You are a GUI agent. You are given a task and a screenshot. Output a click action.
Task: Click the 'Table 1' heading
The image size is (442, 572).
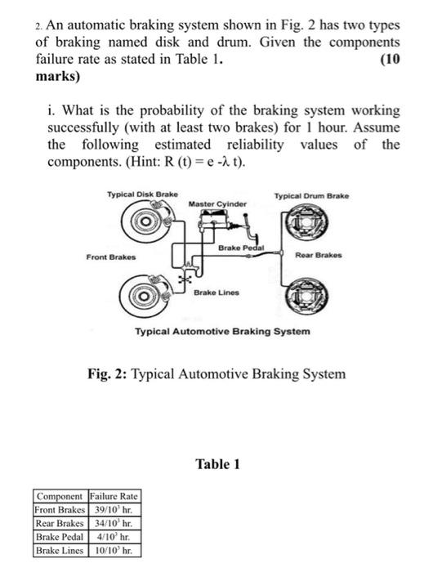coord(218,464)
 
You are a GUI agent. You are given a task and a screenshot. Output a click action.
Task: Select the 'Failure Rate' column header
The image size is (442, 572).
coord(114,496)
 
